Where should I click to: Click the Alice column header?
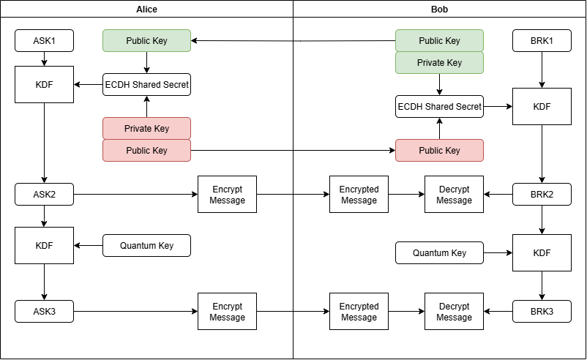click(146, 9)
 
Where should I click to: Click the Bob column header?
click(439, 9)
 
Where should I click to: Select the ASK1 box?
click(44, 41)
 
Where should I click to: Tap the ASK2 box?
click(44, 195)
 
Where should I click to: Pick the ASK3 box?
click(44, 312)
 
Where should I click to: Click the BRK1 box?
click(542, 41)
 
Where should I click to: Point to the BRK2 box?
click(542, 195)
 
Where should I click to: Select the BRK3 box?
click(542, 312)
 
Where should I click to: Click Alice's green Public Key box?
click(146, 41)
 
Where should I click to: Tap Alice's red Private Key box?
click(146, 129)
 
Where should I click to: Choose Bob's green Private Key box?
click(439, 63)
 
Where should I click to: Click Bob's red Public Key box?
click(439, 151)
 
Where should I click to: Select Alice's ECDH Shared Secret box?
click(146, 85)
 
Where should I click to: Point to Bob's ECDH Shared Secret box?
click(439, 107)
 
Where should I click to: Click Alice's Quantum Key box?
click(146, 246)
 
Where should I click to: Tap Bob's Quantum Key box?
click(439, 253)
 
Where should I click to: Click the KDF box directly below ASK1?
click(44, 85)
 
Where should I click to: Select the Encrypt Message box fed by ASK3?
click(227, 312)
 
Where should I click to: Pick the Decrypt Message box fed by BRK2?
click(454, 195)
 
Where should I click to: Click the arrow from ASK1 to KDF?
click(44, 59)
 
